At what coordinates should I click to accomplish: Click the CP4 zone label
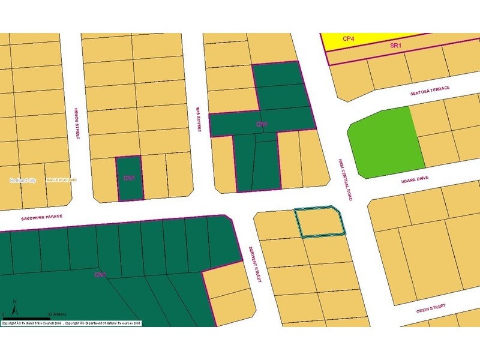point(349,38)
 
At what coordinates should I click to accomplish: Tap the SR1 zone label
point(395,45)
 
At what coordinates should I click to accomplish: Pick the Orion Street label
point(431,308)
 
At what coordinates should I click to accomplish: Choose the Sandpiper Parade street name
point(41,217)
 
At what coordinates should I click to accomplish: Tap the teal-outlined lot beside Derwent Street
point(321,223)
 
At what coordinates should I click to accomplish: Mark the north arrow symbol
point(16,307)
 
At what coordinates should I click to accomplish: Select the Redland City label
point(23,180)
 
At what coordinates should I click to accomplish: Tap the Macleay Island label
point(62,180)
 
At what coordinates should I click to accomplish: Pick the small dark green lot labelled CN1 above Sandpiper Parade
point(130,179)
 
